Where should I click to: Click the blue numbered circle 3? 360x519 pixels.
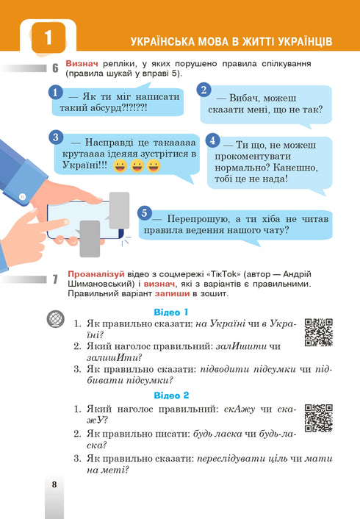55,137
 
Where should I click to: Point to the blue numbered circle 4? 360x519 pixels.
212,140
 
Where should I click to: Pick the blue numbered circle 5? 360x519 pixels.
145,212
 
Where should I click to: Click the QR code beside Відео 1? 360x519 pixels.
318,332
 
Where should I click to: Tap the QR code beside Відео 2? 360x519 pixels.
318,418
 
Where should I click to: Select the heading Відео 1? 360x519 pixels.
171,312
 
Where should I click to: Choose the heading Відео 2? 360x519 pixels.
171,395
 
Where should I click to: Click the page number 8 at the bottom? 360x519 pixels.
54,484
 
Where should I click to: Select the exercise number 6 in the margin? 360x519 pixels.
55,69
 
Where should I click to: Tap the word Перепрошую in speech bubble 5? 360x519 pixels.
194,219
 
